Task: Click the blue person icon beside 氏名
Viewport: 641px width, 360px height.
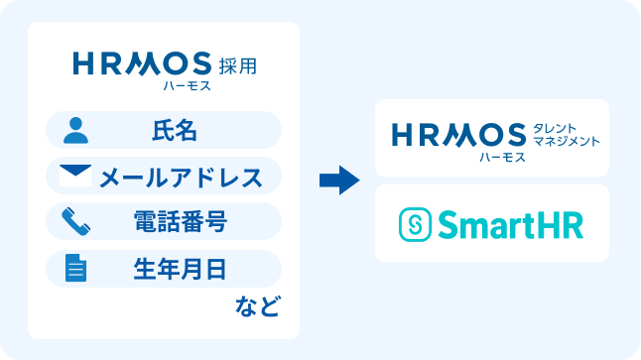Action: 74,129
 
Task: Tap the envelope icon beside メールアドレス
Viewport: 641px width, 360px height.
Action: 74,177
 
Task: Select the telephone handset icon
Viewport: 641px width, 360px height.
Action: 74,221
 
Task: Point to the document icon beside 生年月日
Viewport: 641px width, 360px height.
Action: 74,268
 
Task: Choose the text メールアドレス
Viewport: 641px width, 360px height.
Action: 181,177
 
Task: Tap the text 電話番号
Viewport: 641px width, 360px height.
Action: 181,221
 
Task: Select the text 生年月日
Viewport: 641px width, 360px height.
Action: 181,268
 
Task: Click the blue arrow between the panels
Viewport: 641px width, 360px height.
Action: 338,180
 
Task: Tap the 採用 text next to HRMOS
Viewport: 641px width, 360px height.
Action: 237,66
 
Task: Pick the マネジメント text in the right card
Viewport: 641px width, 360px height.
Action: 567,142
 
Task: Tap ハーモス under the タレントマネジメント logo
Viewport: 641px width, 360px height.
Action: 502,157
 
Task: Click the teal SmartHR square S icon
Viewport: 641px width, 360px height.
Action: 416,224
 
